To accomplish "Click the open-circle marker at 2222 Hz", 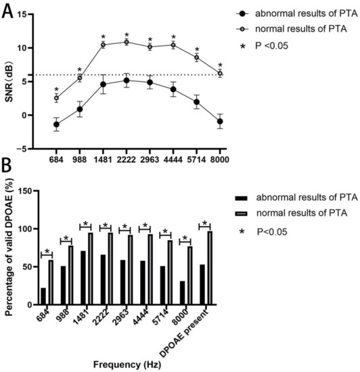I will point(127,42).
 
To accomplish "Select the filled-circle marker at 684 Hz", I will point(57,124).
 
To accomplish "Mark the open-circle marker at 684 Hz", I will point(57,98).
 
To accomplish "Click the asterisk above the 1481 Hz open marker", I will point(103,37).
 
